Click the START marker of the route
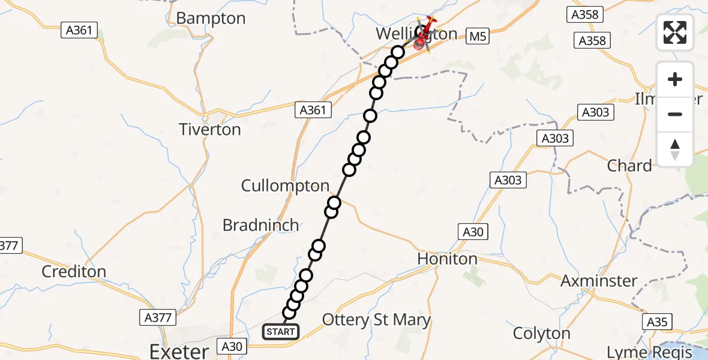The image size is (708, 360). [x=280, y=332]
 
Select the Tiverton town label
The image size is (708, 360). [x=211, y=130]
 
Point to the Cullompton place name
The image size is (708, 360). [x=285, y=186]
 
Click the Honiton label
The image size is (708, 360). [x=448, y=259]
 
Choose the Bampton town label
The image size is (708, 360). [x=211, y=19]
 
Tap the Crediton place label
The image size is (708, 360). [x=74, y=271]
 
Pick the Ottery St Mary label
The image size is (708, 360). [x=376, y=320]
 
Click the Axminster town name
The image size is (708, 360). [x=599, y=280]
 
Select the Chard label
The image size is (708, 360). [x=629, y=166]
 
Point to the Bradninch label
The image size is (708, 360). [x=260, y=225]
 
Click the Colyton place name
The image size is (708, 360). [x=542, y=333]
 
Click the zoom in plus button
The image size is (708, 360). [x=675, y=79]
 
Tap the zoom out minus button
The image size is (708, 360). [x=675, y=114]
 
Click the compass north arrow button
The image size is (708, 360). [x=675, y=149]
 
